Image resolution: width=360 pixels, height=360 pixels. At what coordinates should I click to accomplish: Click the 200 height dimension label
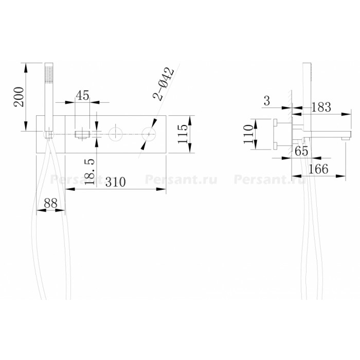[19, 97]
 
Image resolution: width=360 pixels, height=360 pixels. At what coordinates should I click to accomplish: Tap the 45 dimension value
[82, 95]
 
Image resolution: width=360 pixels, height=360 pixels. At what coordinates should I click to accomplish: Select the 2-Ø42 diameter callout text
[164, 84]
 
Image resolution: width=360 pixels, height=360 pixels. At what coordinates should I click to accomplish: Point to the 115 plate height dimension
[183, 134]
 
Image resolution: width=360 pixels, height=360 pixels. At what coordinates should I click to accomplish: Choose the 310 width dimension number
[116, 182]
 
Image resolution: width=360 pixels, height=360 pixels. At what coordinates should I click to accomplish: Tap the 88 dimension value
[51, 203]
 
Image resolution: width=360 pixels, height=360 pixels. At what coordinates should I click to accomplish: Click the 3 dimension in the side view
[267, 101]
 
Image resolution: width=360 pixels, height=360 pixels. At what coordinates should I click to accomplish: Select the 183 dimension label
[321, 107]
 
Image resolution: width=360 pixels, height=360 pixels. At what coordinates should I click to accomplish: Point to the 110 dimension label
[248, 134]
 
